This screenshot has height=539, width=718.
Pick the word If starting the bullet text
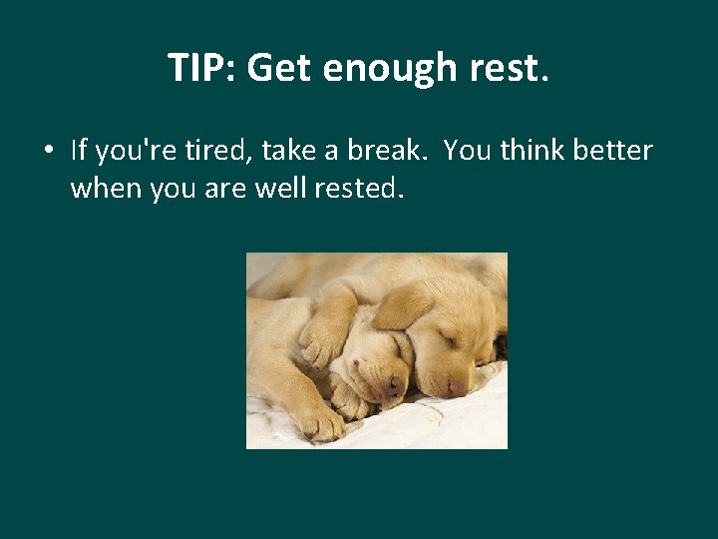tap(80, 151)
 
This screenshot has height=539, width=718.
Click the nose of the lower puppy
tap(395, 384)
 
